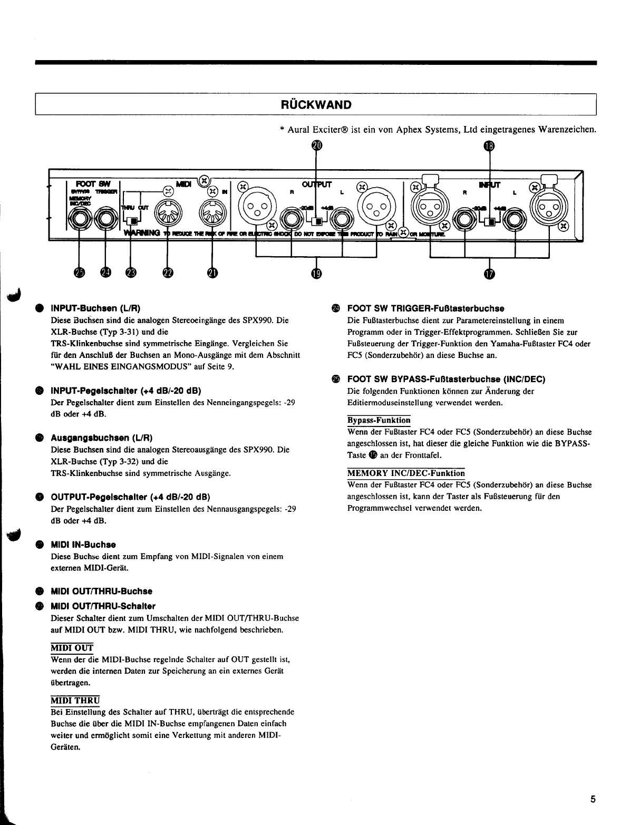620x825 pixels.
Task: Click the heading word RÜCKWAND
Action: pos(315,104)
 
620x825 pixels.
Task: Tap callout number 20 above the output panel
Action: pos(316,145)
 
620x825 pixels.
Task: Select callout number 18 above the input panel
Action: pos(489,146)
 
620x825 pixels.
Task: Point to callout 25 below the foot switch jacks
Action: pos(80,272)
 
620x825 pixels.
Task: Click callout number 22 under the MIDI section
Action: pos(168,272)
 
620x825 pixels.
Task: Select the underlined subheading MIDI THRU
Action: pos(75,700)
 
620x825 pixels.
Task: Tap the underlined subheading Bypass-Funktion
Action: pos(379,420)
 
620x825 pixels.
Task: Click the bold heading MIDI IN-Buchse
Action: pos(83,544)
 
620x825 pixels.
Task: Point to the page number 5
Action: pos(593,799)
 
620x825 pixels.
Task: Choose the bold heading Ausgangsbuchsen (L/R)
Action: pos(102,438)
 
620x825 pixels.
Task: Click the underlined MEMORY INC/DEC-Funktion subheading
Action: pos(406,473)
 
